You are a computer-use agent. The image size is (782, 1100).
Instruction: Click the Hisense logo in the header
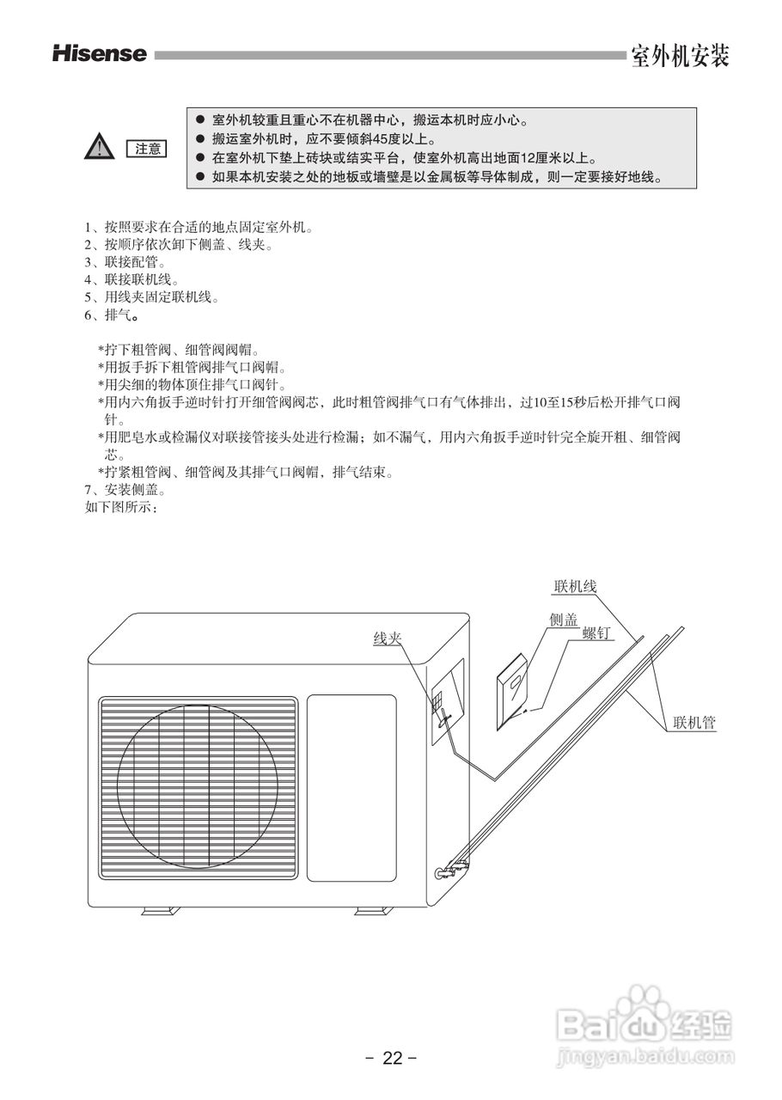tap(100, 54)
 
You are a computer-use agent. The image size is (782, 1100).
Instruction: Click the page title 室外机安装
tap(680, 56)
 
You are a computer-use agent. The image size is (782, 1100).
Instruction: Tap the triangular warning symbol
tap(101, 148)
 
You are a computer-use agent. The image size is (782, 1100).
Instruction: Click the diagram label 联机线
tap(575, 587)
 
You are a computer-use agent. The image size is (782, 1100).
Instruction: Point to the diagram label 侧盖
tap(563, 620)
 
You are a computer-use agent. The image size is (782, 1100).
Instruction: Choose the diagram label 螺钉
tap(596, 633)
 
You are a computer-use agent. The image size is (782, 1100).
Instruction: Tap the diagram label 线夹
tap(387, 639)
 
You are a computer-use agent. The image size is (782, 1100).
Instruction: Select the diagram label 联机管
tap(694, 724)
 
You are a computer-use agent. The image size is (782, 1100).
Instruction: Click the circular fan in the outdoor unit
tap(198, 782)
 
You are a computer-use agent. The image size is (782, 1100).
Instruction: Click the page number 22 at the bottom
tap(392, 1058)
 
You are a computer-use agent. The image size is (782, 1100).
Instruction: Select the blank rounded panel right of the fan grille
tap(351, 786)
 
